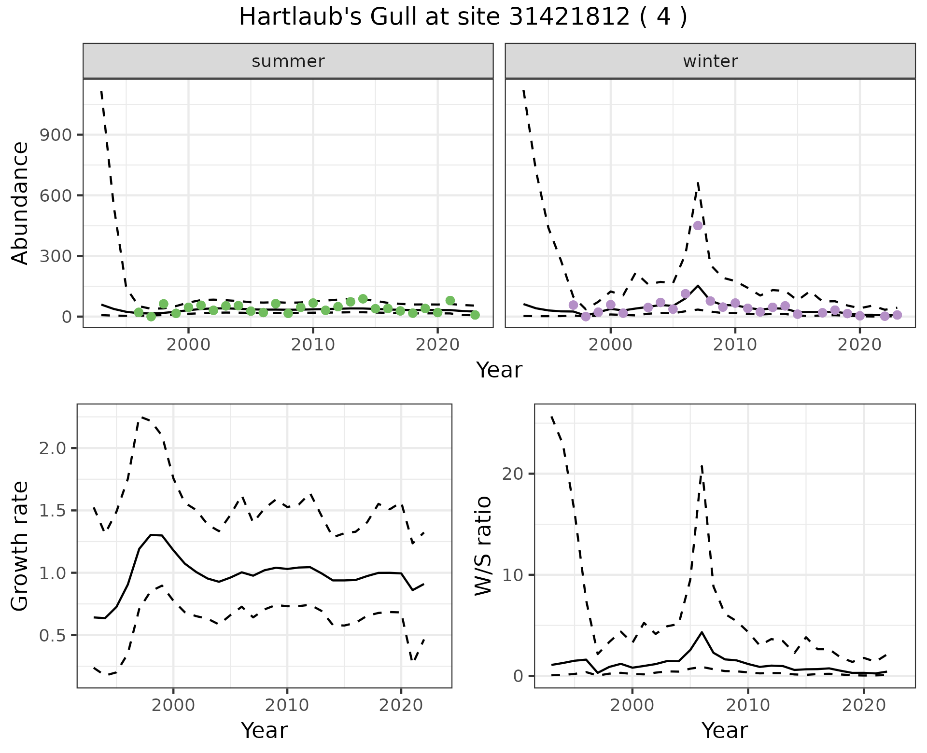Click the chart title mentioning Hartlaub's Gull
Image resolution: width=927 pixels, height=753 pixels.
[x=463, y=17]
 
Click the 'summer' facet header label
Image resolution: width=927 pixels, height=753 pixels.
[x=288, y=61]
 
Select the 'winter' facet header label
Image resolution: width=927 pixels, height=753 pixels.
[x=710, y=61]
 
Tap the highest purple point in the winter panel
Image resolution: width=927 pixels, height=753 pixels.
[x=698, y=225]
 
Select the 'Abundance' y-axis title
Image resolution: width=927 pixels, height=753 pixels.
[x=20, y=203]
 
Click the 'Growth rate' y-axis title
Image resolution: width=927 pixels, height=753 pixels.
[x=20, y=546]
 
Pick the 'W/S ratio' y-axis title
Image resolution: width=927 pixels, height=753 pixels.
[x=483, y=546]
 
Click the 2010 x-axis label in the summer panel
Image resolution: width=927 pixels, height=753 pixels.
[x=313, y=345]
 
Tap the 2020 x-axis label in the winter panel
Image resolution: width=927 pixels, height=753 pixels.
[x=859, y=345]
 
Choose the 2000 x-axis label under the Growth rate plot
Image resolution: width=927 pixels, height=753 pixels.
[x=173, y=705]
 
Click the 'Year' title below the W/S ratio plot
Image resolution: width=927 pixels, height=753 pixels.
[x=725, y=731]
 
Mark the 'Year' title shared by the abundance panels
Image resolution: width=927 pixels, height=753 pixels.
[x=499, y=370]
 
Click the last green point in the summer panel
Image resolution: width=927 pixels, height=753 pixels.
[x=475, y=315]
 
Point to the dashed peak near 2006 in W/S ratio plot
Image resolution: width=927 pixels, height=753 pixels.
[x=702, y=464]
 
